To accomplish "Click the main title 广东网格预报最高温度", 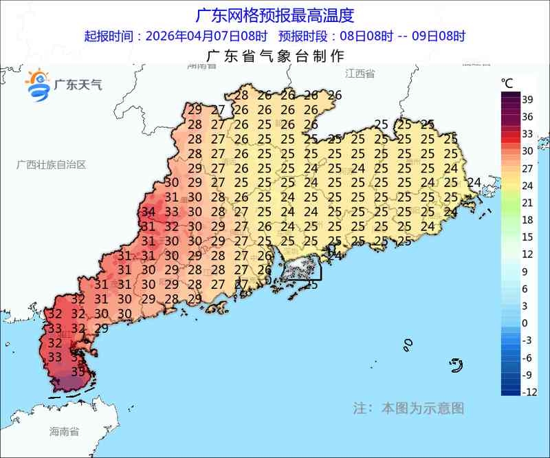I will tap(275, 14).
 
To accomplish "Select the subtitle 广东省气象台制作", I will tap(275, 56).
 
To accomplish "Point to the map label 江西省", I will tap(360, 74).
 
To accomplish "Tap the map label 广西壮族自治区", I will tap(52, 165).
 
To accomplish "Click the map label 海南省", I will tap(64, 432).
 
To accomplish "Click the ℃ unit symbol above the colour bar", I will tap(507, 83).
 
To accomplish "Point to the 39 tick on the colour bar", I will tap(528, 99).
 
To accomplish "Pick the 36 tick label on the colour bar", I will tap(528, 116).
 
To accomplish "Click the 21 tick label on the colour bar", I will tap(528, 203).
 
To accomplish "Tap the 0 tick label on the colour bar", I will tap(525, 323).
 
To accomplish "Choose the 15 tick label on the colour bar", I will tap(528, 237).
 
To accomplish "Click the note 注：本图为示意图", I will tap(408, 408).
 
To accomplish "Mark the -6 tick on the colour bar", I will tap(527, 358).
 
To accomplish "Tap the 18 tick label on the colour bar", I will tap(528, 220).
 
